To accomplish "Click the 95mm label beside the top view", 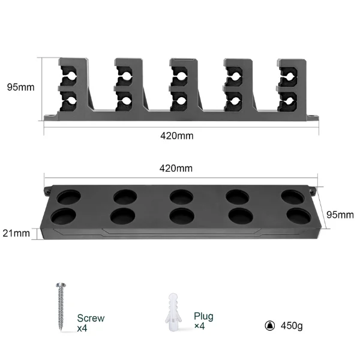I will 20,87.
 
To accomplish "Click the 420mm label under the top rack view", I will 176,136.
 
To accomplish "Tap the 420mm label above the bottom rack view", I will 176,169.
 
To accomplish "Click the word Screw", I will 91,319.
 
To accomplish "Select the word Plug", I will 203,316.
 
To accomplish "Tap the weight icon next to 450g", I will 270,326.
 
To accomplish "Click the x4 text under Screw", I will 83,329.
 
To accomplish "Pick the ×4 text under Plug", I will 200,326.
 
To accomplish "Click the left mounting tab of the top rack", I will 48,117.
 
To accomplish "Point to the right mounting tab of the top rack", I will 311,117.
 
